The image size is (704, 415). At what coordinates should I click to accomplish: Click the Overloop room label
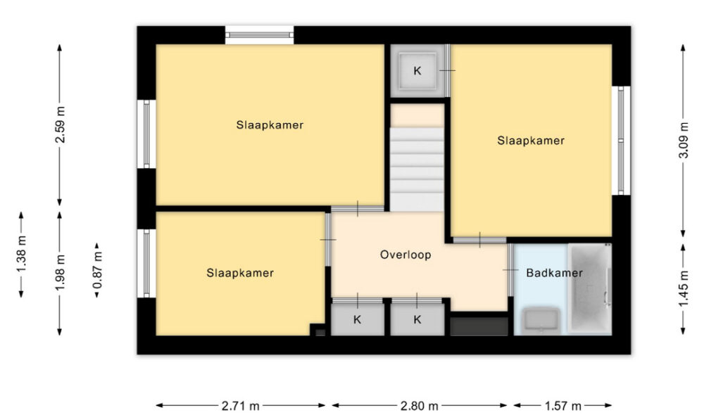(x=406, y=255)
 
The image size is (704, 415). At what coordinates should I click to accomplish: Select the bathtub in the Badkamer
(x=590, y=288)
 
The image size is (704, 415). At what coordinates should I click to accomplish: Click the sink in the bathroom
(x=541, y=321)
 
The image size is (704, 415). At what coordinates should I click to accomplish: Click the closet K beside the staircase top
(x=418, y=70)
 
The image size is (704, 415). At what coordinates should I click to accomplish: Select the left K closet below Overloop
(x=358, y=319)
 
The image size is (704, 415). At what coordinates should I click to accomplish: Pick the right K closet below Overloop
(x=417, y=319)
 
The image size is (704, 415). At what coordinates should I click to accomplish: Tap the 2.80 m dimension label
(x=420, y=406)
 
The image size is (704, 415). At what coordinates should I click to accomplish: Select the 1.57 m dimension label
(x=562, y=406)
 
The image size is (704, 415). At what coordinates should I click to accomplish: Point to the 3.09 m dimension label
(x=683, y=141)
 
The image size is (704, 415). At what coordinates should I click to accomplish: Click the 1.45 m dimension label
(x=683, y=289)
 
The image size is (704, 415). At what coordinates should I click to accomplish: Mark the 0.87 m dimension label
(x=98, y=270)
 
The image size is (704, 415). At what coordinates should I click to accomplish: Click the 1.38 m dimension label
(x=22, y=254)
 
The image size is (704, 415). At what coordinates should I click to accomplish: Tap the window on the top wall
(x=260, y=34)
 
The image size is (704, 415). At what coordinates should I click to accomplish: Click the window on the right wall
(x=620, y=141)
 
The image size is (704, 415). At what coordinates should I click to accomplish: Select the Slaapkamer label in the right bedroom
(x=531, y=141)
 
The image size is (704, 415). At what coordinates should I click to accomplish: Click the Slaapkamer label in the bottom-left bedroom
(x=240, y=272)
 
